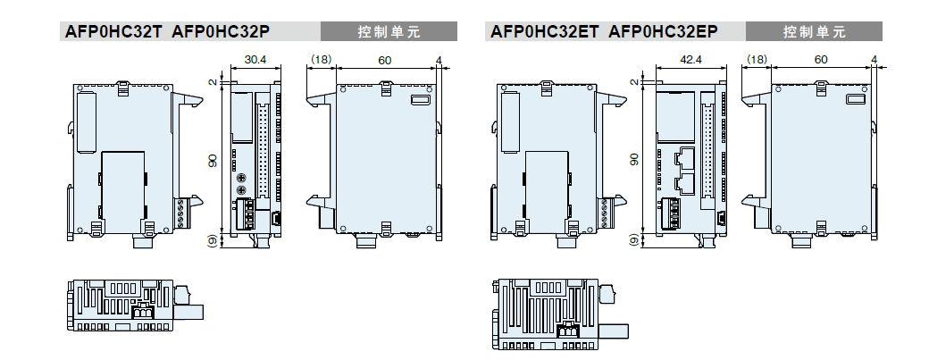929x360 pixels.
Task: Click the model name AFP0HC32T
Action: pyautogui.click(x=113, y=32)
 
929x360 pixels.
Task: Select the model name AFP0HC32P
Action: pyautogui.click(x=221, y=32)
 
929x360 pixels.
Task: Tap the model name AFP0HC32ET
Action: pyautogui.click(x=544, y=32)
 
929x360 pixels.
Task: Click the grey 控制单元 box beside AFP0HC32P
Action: pyautogui.click(x=389, y=32)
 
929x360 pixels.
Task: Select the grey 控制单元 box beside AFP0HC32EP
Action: pyautogui.click(x=815, y=32)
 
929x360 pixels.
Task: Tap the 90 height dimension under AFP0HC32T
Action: pyautogui.click(x=212, y=159)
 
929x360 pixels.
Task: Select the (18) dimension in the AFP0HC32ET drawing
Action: pyautogui.click(x=756, y=61)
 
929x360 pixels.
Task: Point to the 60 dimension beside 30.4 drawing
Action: pyautogui.click(x=384, y=61)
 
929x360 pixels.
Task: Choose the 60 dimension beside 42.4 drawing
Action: pyautogui.click(x=820, y=61)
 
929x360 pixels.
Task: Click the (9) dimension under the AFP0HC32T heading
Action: pyautogui.click(x=212, y=239)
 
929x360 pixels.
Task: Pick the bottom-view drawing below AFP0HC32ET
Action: pyautogui.click(x=558, y=313)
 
